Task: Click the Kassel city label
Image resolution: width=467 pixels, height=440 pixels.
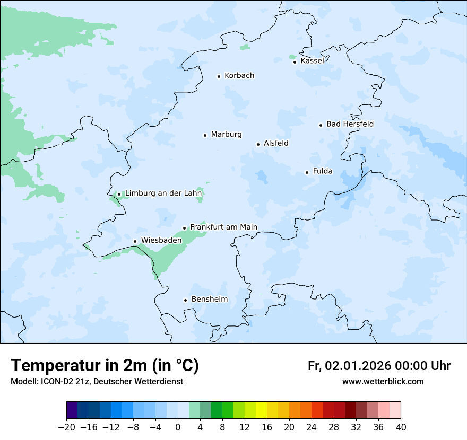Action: [312, 61]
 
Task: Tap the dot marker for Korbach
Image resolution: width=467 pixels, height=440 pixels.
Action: [219, 76]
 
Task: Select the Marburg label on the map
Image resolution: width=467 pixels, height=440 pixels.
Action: [226, 135]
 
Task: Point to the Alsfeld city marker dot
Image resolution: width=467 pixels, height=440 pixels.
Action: [258, 144]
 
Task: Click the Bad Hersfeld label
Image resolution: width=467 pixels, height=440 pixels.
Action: [350, 124]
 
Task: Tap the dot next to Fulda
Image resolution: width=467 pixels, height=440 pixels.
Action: [307, 172]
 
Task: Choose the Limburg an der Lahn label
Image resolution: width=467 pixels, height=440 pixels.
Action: [163, 193]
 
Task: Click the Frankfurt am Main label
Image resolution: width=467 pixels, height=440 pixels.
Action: [223, 227]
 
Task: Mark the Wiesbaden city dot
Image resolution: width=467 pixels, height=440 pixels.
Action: [135, 242]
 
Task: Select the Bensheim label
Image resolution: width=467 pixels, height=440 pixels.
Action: [209, 300]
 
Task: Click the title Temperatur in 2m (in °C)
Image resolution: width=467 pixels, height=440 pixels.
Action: [105, 365]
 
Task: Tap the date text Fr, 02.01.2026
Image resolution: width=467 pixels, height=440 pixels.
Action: [349, 366]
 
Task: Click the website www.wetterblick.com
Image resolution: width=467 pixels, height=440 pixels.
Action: [383, 381]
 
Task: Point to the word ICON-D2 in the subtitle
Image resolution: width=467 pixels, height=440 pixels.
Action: [53, 381]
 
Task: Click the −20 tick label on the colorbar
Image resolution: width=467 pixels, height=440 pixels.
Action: [66, 427]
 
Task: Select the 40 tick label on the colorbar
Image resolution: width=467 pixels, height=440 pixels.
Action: [401, 427]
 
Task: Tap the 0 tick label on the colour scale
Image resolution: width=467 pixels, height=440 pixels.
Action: [178, 427]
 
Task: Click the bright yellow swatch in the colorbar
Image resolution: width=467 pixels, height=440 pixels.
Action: [261, 410]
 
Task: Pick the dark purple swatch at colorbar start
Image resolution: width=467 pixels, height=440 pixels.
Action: [72, 410]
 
